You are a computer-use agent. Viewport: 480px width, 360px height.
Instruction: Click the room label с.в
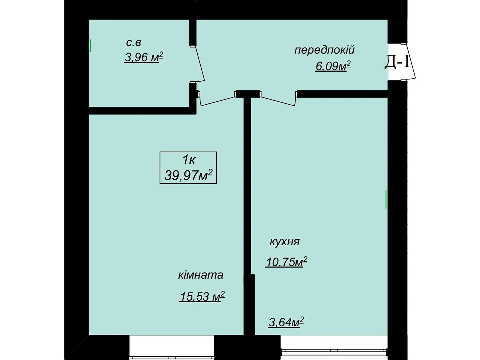tap(133, 43)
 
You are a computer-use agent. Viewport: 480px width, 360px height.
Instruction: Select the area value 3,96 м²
tap(144, 57)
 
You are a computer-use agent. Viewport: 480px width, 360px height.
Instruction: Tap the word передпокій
tap(324, 50)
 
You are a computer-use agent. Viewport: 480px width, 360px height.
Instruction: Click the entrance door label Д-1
tap(397, 62)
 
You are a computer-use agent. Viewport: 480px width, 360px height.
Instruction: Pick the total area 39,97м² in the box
tap(188, 175)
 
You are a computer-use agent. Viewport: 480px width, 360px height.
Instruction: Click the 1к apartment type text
tap(189, 160)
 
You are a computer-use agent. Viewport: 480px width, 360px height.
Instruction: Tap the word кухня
tap(284, 241)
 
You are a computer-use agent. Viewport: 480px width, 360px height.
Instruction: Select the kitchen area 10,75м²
tap(286, 262)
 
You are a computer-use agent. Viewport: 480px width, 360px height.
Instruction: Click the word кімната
tap(200, 275)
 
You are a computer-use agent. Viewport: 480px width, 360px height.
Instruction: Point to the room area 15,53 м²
tap(202, 296)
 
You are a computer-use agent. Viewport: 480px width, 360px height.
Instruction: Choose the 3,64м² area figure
tap(286, 322)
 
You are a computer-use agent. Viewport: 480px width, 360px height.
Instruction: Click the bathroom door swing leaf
tap(200, 64)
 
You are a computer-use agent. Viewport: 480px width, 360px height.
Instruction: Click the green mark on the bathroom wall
tap(90, 45)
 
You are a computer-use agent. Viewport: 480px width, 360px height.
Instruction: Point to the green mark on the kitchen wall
tap(386, 199)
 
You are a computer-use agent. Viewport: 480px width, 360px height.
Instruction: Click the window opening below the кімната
tap(171, 347)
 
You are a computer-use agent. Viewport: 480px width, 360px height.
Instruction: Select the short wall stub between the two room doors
tap(247, 94)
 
